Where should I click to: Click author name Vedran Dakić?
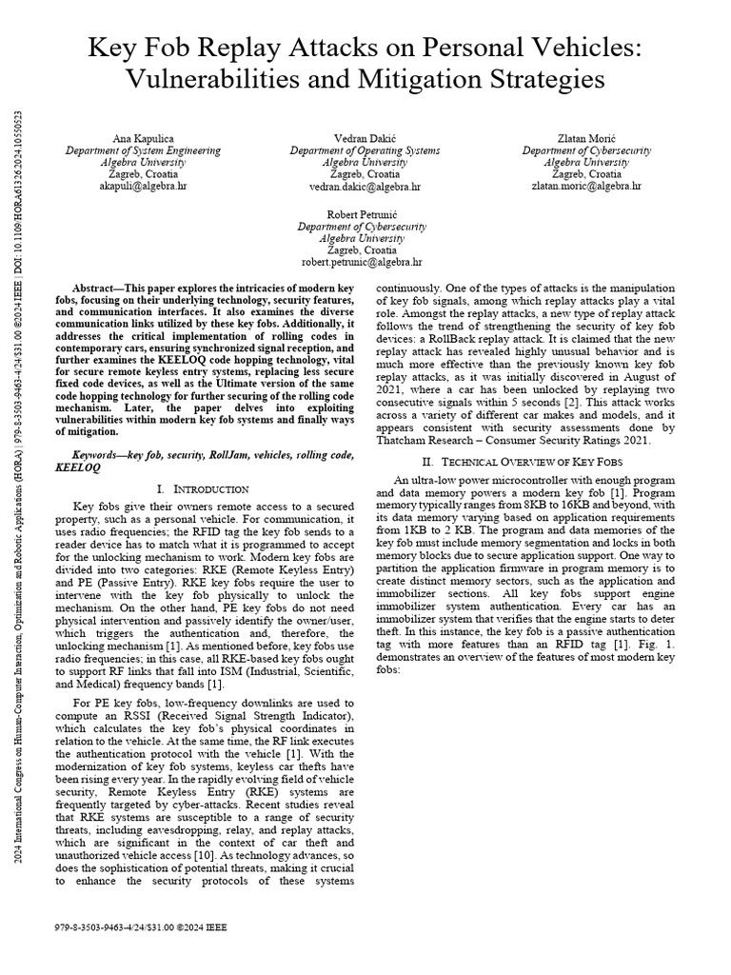tap(365, 138)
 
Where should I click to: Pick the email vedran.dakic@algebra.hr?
tap(365, 188)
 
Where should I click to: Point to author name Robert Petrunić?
tap(365, 213)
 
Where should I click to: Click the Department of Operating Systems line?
tap(365, 150)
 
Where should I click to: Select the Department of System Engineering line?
tap(143, 150)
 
